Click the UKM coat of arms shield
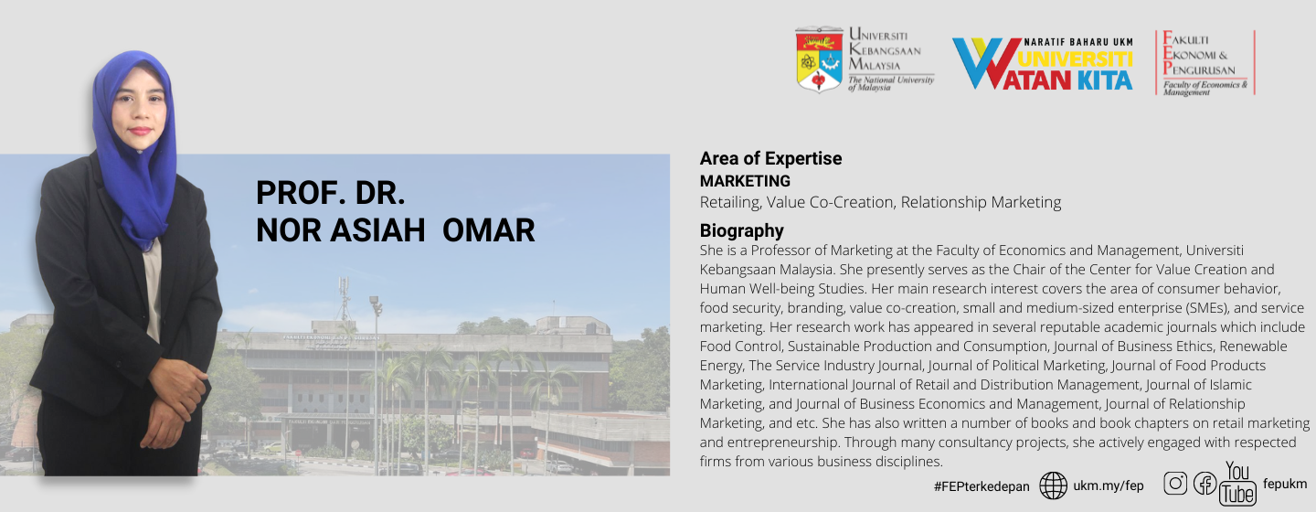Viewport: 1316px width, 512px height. [819, 60]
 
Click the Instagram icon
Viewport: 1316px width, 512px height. [1175, 483]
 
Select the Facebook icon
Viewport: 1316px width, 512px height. [1205, 484]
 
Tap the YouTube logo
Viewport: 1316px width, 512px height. [1237, 484]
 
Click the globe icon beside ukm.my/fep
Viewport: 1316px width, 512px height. [1054, 485]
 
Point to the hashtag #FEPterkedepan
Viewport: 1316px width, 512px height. [982, 486]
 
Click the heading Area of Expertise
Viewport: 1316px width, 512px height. [770, 159]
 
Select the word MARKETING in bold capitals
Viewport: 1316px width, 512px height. [745, 181]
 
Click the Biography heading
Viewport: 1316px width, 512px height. [741, 230]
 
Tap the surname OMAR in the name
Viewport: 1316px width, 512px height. [488, 229]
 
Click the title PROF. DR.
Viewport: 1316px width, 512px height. [330, 193]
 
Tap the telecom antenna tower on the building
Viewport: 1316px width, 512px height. [344, 299]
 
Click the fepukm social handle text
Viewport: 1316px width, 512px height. [1285, 484]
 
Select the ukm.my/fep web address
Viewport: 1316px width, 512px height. [1108, 485]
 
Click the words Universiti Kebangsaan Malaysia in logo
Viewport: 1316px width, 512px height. [885, 49]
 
